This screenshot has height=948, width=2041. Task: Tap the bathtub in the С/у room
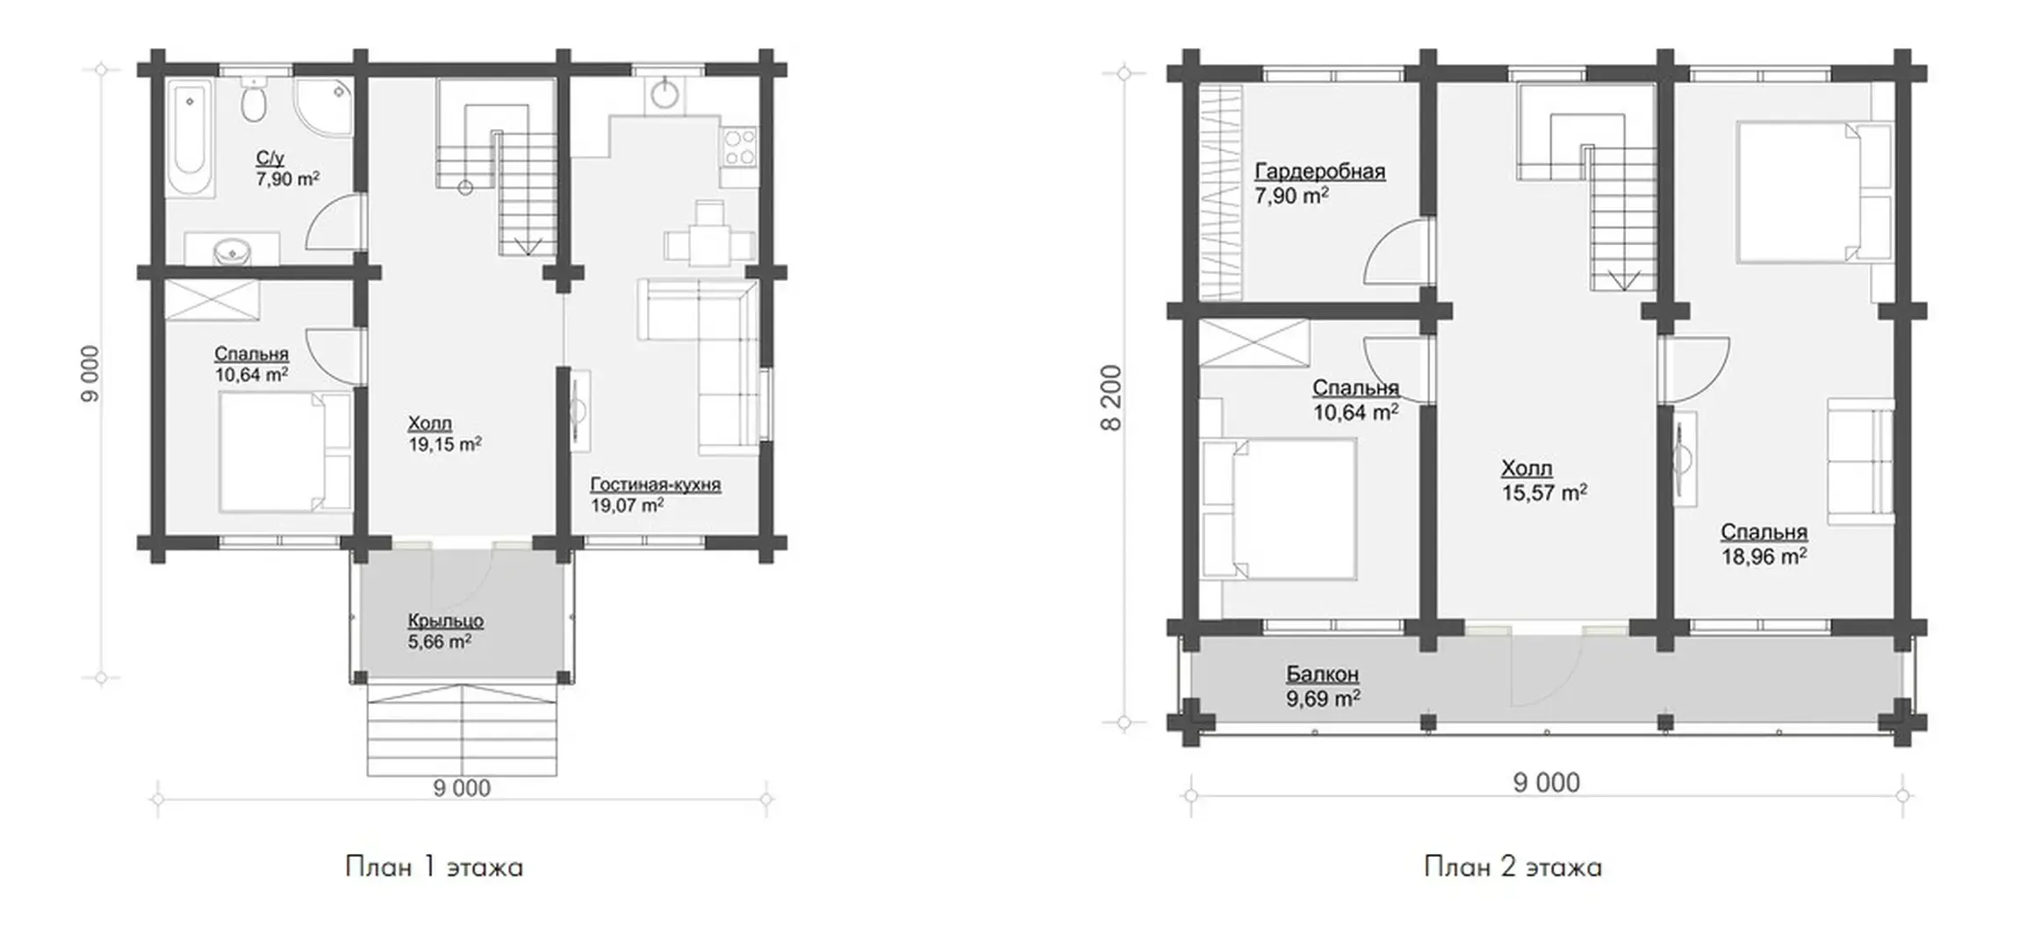[190, 138]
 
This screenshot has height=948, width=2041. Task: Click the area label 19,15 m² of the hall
[444, 445]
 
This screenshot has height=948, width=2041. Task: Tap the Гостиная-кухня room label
[655, 485]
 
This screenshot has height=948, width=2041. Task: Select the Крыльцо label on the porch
[445, 621]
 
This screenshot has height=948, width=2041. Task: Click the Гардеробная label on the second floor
[1319, 171]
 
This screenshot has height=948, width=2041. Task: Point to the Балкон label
[1322, 674]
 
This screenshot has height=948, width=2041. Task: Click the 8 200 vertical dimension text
[1111, 399]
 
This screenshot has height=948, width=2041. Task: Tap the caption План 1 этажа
[434, 867]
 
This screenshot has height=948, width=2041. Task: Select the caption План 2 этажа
[1513, 867]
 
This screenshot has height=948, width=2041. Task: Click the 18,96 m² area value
[1764, 557]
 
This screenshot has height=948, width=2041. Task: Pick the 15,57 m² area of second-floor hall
[1544, 493]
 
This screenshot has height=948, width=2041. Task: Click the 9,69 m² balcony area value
[1324, 699]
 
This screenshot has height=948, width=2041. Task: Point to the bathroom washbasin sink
[233, 251]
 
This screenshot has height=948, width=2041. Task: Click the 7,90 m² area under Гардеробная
[1291, 196]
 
